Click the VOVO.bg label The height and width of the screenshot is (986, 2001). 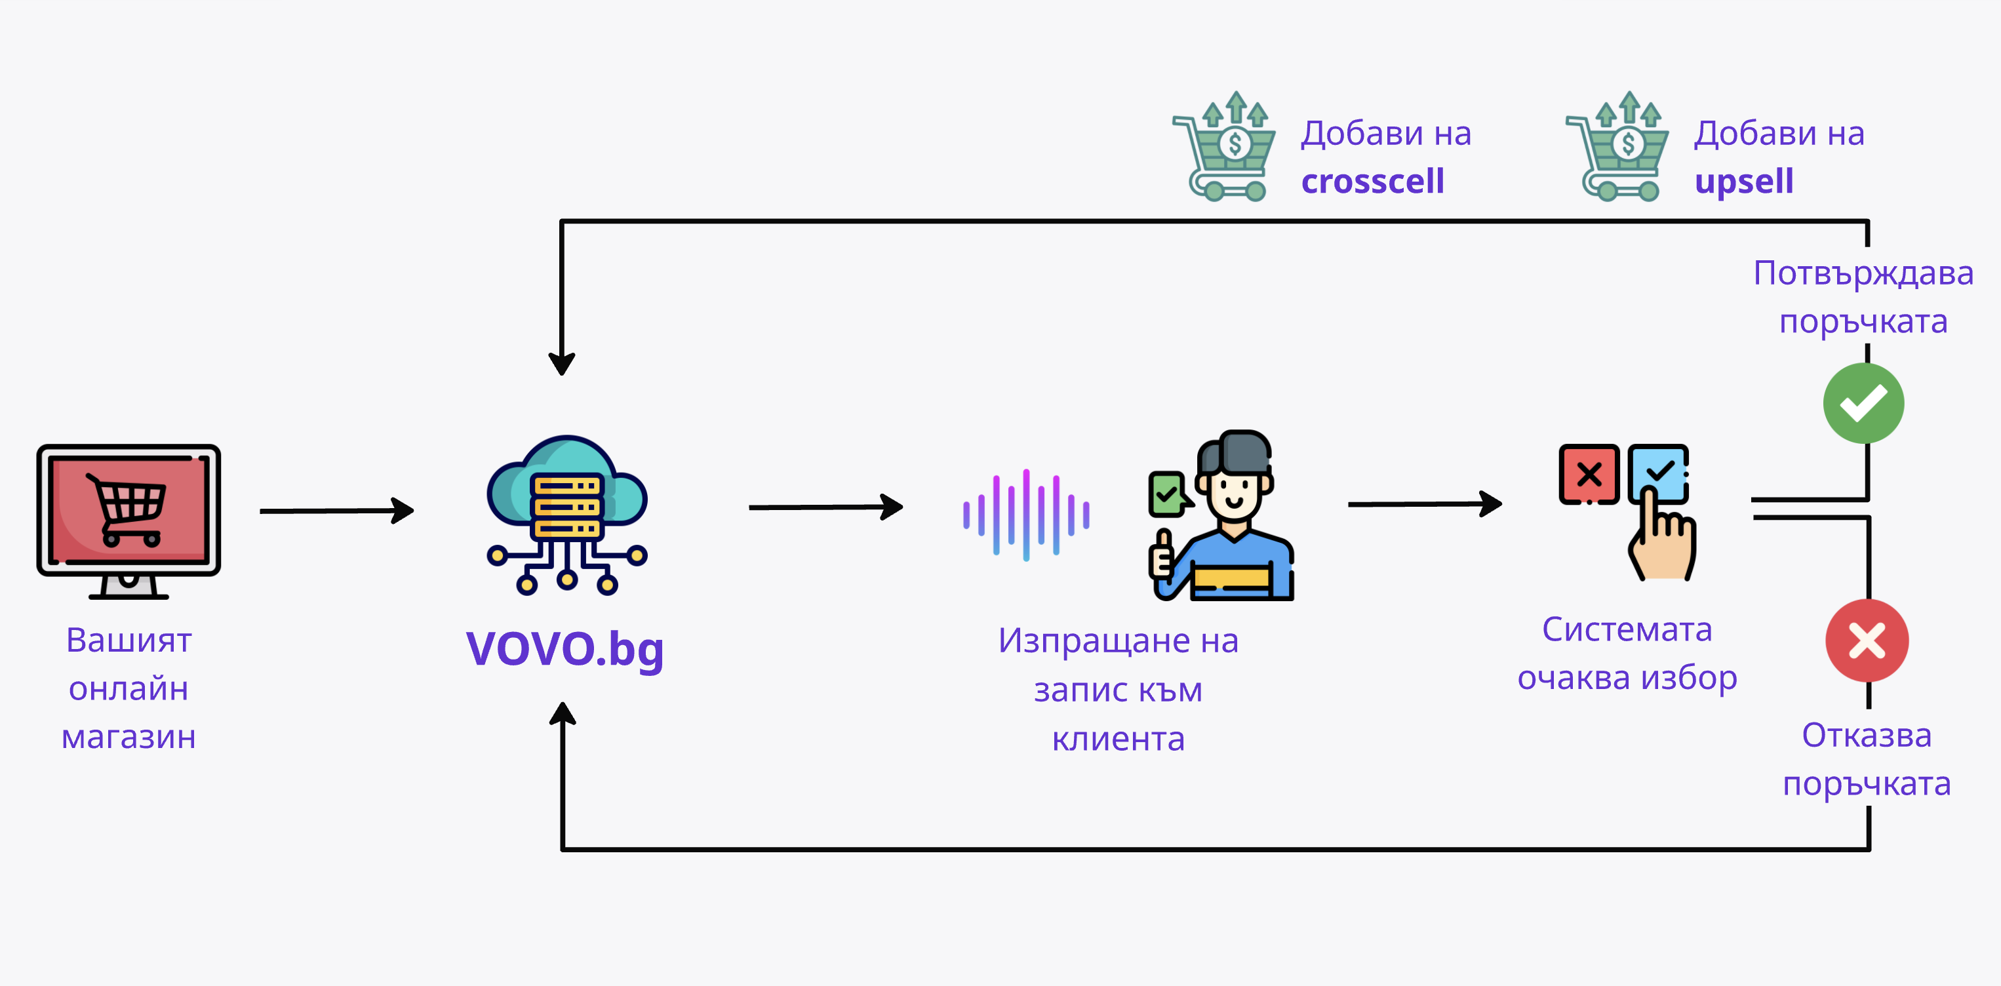(x=565, y=649)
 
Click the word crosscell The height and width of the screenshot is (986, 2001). (x=1373, y=182)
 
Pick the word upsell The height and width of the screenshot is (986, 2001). (x=1744, y=182)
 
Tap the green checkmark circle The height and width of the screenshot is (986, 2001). (x=1863, y=403)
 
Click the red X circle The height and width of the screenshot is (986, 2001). (x=1867, y=641)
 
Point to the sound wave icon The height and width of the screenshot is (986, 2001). (x=1026, y=515)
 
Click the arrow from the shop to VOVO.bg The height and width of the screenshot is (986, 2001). (x=336, y=511)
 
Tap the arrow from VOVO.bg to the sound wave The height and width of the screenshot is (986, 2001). (x=825, y=507)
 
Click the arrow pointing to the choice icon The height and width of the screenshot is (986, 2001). (x=1424, y=503)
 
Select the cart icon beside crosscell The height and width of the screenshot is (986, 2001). (x=1224, y=148)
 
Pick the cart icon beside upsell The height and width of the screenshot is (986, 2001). (x=1617, y=148)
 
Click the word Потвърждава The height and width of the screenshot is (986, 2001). (x=1863, y=273)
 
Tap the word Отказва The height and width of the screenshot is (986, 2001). (x=1866, y=735)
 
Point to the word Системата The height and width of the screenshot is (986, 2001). (x=1627, y=629)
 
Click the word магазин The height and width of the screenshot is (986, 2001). (x=129, y=737)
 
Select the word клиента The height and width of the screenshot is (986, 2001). (x=1118, y=739)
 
